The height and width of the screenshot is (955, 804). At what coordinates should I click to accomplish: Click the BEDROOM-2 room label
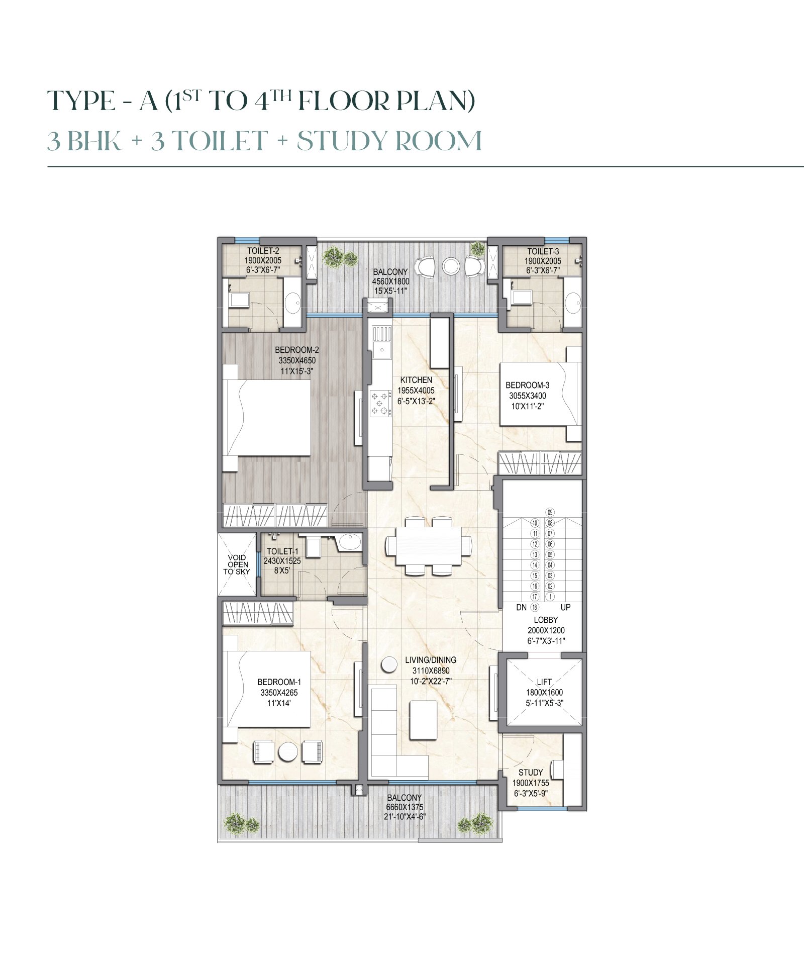[297, 350]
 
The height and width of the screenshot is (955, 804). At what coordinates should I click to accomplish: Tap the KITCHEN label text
[416, 380]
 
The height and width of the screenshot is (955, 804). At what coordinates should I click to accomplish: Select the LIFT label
[544, 682]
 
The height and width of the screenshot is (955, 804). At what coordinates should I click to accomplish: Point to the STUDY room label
[531, 772]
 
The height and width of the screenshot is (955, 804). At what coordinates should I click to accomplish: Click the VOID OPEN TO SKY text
[237, 564]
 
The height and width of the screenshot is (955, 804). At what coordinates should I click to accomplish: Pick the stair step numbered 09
[550, 512]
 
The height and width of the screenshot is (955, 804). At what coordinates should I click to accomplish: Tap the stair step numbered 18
[535, 607]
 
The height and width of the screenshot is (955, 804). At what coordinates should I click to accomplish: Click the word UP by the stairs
[565, 607]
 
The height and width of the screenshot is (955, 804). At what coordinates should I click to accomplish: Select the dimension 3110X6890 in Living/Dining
[431, 671]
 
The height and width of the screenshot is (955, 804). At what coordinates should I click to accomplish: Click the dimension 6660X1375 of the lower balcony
[405, 807]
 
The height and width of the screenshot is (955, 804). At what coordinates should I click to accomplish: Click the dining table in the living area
[429, 545]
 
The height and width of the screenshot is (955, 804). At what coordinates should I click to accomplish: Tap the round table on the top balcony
[451, 266]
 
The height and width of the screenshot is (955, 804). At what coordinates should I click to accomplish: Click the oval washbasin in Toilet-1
[349, 542]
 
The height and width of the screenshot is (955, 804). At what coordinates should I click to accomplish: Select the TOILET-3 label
[543, 251]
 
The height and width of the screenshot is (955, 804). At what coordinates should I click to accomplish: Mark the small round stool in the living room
[388, 664]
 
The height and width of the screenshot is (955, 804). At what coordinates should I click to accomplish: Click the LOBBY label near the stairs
[546, 620]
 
